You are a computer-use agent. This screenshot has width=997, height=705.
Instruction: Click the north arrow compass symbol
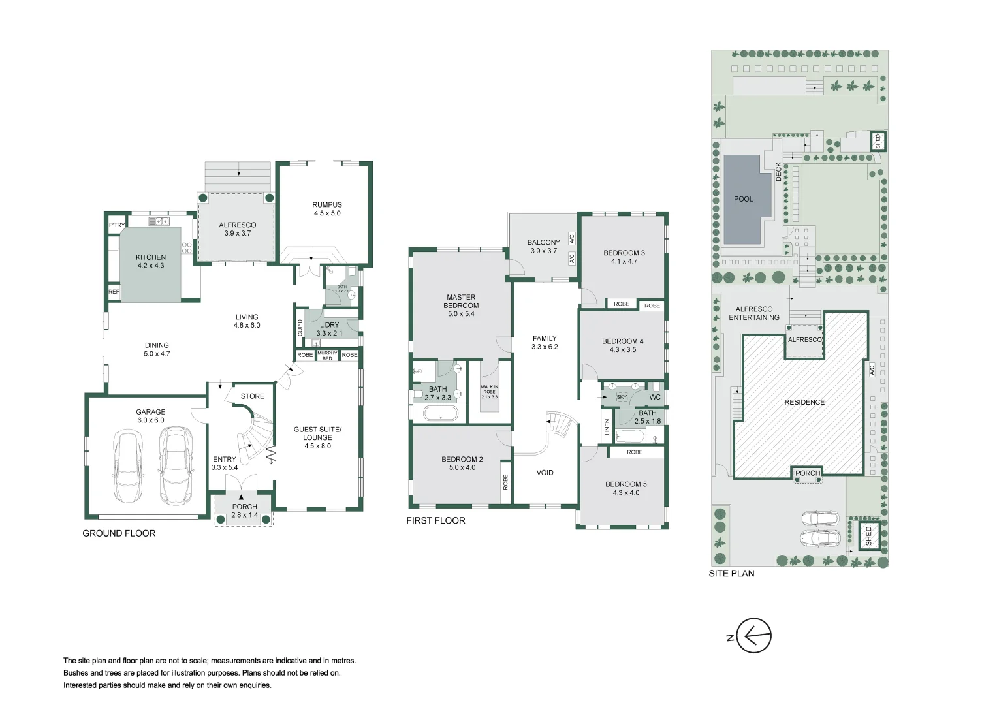point(754,635)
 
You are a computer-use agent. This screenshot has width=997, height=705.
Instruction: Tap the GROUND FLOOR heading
point(119,533)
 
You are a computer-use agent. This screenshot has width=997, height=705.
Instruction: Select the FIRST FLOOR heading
point(435,520)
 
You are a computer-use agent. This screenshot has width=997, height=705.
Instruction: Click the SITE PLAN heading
point(731,573)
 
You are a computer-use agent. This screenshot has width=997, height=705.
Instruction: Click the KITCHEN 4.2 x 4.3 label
point(151,261)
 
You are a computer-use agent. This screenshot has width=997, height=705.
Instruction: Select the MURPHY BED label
point(327,356)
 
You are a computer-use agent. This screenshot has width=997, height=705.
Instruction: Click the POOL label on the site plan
point(743,199)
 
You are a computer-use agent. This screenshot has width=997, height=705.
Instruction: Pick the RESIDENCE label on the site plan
point(804,402)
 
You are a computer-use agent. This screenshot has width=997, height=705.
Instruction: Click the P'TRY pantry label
point(117,225)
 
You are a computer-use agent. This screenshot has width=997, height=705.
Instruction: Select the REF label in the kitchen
point(114,292)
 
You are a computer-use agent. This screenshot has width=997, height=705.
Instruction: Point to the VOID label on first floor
point(545,473)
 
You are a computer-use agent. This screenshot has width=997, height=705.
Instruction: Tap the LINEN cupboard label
point(607,427)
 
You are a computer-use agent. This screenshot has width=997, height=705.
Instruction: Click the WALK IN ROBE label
point(489,392)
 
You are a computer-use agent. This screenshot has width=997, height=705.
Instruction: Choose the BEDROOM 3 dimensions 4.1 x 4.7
point(624,261)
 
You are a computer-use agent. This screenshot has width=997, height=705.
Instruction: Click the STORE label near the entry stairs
point(252,396)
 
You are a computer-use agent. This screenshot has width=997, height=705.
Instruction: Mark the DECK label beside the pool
point(778,172)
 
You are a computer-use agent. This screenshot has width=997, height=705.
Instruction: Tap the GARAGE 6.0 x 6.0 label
point(150,416)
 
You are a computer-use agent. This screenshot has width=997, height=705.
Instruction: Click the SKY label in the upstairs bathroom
point(622,397)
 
